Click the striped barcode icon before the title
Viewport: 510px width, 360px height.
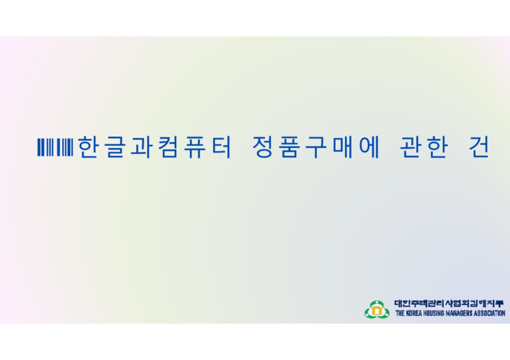(55, 147)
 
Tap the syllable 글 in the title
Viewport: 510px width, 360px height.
(115, 147)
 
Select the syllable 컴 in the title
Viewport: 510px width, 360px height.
(168, 147)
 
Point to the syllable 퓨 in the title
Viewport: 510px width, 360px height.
(195, 147)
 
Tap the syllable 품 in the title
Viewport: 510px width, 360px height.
(288, 147)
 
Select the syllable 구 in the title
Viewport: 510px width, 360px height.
(315, 147)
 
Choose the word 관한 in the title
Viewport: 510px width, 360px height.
(423, 147)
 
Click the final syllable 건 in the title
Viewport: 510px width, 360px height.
(479, 147)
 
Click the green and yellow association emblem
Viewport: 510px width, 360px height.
(377, 310)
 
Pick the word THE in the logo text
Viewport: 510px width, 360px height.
(400, 314)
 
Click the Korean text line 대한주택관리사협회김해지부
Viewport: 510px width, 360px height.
(449, 304)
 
